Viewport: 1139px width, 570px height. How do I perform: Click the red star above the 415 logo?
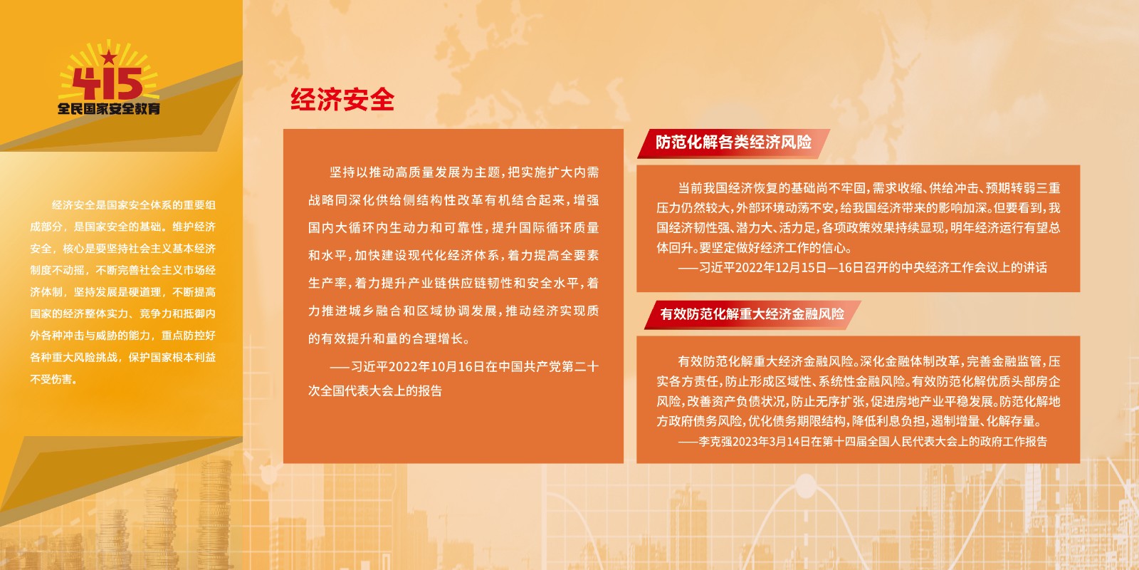pyautogui.click(x=109, y=56)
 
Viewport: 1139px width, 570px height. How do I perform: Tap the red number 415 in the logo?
pyautogui.click(x=107, y=84)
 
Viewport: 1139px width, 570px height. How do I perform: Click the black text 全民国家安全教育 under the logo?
pyautogui.click(x=109, y=109)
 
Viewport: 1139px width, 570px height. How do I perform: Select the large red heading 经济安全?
pyautogui.click(x=342, y=99)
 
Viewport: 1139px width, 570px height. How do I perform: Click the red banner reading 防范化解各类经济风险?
pyautogui.click(x=733, y=142)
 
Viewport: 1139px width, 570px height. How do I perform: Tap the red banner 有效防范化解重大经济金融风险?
pyautogui.click(x=752, y=314)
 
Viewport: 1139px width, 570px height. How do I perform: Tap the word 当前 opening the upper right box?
pyautogui.click(x=691, y=188)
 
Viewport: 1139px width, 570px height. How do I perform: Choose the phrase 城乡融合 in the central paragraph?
pyautogui.click(x=374, y=311)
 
